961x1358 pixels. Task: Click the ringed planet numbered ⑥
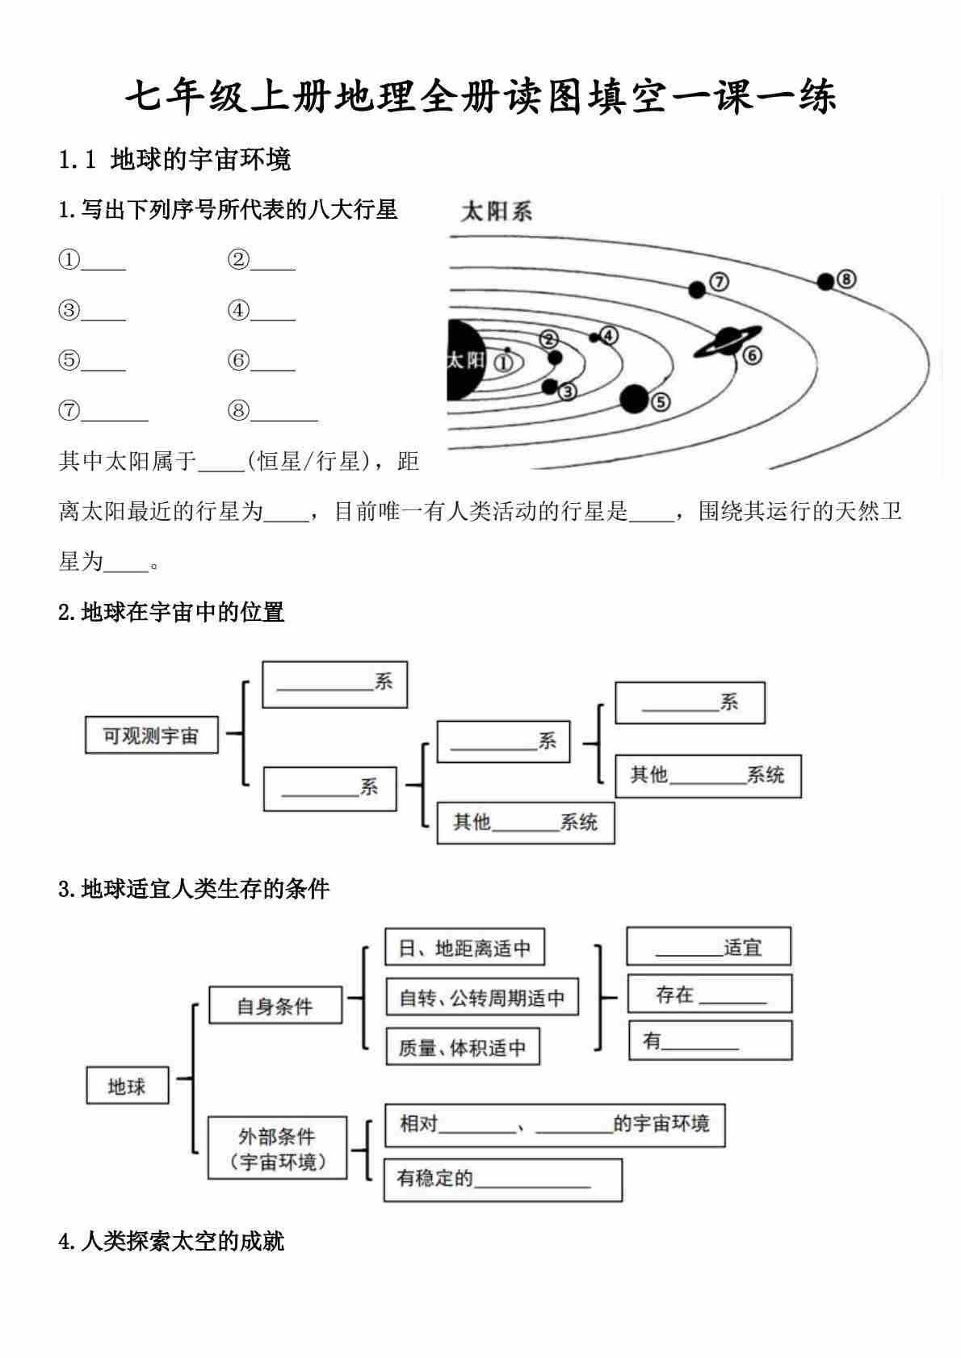point(728,342)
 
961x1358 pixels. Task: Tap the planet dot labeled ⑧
point(825,282)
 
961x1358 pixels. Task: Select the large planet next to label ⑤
point(635,399)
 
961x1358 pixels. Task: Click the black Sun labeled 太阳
point(464,360)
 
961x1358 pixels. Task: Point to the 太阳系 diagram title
point(496,212)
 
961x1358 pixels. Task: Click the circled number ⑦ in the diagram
point(719,282)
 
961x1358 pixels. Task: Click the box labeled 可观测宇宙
point(151,736)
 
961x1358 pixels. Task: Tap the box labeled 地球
point(127,1086)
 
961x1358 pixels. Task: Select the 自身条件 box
point(275,1006)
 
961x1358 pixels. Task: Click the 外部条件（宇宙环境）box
point(277,1148)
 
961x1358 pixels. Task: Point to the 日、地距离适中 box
point(464,948)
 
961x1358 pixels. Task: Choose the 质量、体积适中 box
point(462,1047)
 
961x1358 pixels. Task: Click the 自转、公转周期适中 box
point(482,998)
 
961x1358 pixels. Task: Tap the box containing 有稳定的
point(502,1180)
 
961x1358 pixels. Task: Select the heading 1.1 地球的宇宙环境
point(174,160)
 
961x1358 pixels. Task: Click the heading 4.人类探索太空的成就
point(171,1241)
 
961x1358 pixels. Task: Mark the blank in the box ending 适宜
point(688,949)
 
